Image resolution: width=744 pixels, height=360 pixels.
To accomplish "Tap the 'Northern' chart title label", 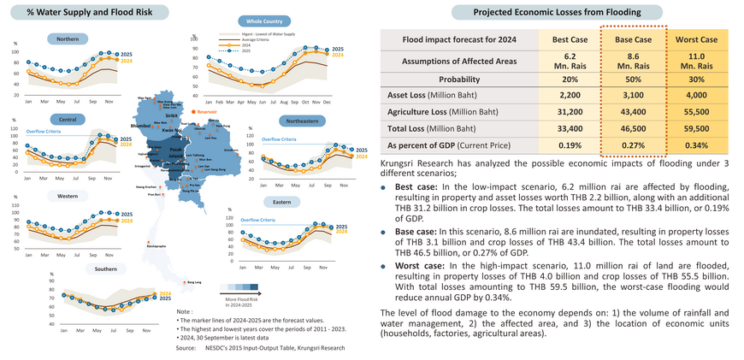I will click(67, 39).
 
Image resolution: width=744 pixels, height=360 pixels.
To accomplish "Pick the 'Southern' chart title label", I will click(105, 269).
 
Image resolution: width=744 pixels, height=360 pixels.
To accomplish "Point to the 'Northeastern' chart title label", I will click(304, 121).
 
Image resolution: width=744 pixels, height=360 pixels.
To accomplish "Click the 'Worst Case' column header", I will click(695, 39).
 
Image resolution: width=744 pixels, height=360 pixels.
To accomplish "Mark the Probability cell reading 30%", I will click(695, 78).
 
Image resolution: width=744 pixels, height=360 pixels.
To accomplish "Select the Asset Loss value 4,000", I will click(695, 95).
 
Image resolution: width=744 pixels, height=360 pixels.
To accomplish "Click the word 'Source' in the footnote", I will click(186, 349).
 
